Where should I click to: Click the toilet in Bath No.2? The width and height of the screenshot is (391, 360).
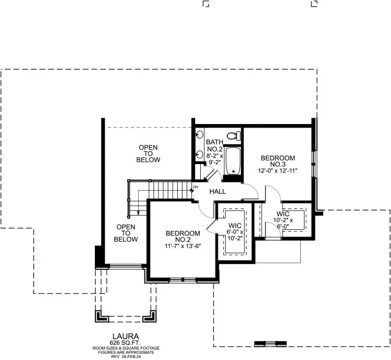click(234, 136)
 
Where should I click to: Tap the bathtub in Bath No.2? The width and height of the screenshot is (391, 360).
click(233, 161)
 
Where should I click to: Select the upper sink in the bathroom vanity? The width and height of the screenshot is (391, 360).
click(199, 135)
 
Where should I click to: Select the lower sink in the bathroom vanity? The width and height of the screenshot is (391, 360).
click(199, 154)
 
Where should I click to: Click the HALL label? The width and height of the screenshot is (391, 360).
click(217, 191)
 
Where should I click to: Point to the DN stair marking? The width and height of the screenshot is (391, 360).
click(195, 187)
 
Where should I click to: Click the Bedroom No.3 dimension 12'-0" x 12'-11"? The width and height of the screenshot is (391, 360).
click(278, 171)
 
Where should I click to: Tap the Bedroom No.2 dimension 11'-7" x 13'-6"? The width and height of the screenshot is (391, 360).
click(183, 246)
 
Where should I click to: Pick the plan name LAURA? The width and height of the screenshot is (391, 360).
click(126, 337)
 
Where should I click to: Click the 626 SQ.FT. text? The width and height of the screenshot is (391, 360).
click(126, 343)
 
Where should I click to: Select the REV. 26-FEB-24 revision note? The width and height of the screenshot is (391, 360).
click(126, 356)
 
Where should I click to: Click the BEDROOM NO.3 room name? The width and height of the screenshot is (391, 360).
click(278, 161)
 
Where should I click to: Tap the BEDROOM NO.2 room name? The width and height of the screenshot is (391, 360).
click(183, 237)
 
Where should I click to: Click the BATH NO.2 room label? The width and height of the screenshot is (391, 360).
click(214, 145)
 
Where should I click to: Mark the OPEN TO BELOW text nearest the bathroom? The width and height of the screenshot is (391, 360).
click(148, 154)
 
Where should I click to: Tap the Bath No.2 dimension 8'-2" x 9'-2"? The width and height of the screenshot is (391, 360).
click(215, 159)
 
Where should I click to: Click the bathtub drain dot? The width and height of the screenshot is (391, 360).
click(234, 171)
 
